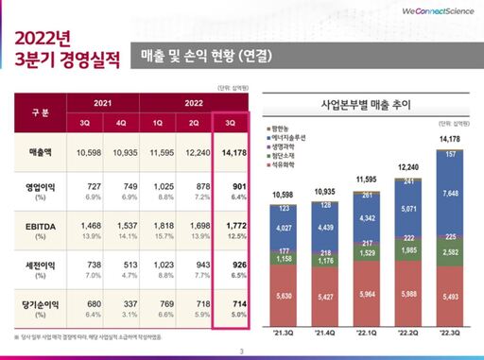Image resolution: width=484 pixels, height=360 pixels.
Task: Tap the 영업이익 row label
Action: coord(36,187)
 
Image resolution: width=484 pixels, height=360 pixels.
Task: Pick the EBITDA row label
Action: coord(36,227)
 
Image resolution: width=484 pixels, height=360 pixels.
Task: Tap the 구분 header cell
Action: coord(36,111)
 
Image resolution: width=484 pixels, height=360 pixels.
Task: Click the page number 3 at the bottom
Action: coord(242,351)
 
